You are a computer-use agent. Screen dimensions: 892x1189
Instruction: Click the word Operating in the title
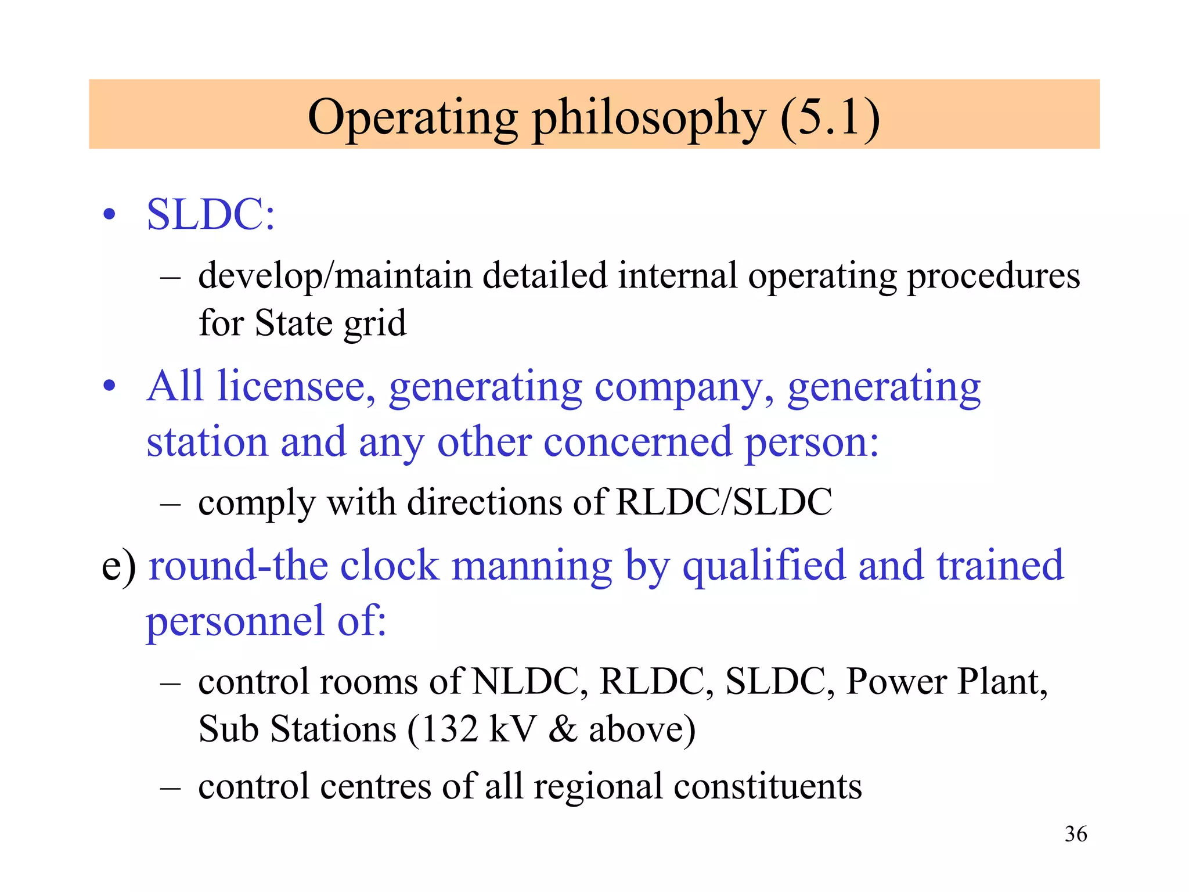click(412, 118)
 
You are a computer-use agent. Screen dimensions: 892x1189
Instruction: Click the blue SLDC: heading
click(211, 215)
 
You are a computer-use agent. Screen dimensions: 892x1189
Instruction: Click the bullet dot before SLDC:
click(109, 216)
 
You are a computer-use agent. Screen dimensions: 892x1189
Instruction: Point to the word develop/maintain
click(335, 276)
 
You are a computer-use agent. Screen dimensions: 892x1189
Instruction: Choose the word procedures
click(993, 276)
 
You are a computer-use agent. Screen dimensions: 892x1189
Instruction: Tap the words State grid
click(330, 323)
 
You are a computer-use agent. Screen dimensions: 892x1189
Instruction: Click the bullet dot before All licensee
click(109, 386)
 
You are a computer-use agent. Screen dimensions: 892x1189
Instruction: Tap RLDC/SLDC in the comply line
click(723, 502)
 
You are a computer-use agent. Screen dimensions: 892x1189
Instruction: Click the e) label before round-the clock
click(119, 566)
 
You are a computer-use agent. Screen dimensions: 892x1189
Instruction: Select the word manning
click(531, 566)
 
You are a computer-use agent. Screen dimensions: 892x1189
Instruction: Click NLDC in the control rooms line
click(526, 682)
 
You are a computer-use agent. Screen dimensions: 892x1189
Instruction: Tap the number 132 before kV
click(449, 729)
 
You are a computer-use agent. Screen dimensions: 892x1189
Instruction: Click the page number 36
click(1075, 834)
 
